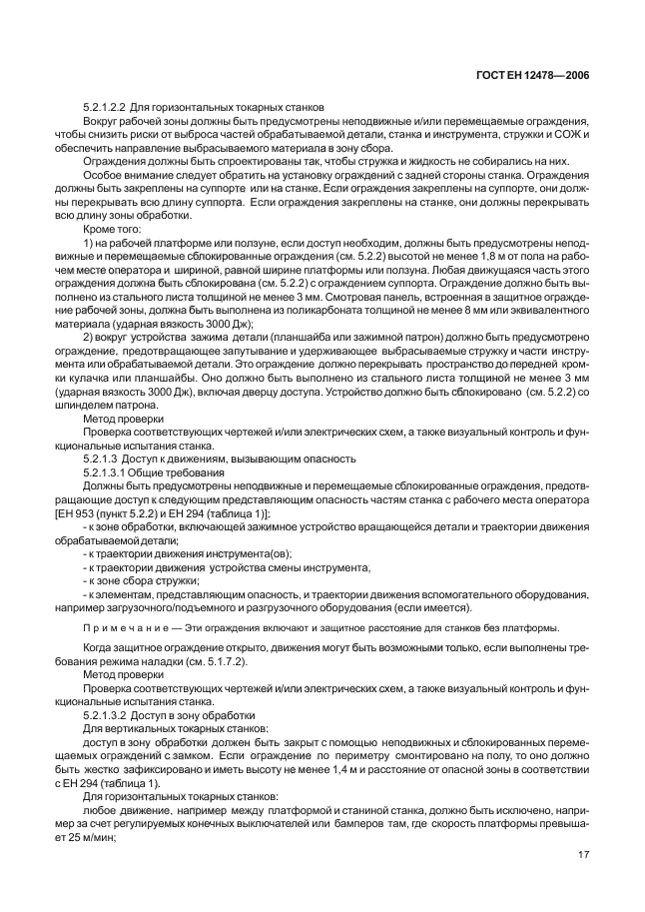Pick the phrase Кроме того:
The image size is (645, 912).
(112, 230)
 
